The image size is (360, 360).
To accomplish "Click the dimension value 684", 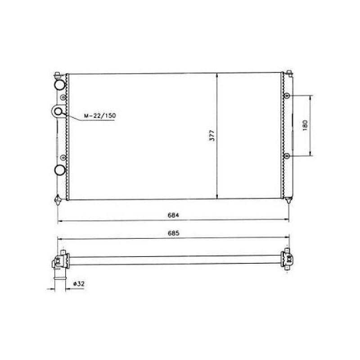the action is (173, 215).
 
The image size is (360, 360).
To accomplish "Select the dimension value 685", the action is (173, 233).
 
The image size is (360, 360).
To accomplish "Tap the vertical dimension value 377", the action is (212, 135).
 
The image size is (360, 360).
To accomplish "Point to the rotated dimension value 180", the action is (305, 126).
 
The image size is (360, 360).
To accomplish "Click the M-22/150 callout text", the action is (100, 116).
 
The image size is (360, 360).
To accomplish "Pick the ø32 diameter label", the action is (79, 284).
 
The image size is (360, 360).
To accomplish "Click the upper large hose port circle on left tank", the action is (60, 85).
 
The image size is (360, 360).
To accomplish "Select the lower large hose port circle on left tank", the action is (60, 170).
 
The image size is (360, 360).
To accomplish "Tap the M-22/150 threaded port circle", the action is (58, 112).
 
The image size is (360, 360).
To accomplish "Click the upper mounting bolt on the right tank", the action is (287, 96).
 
